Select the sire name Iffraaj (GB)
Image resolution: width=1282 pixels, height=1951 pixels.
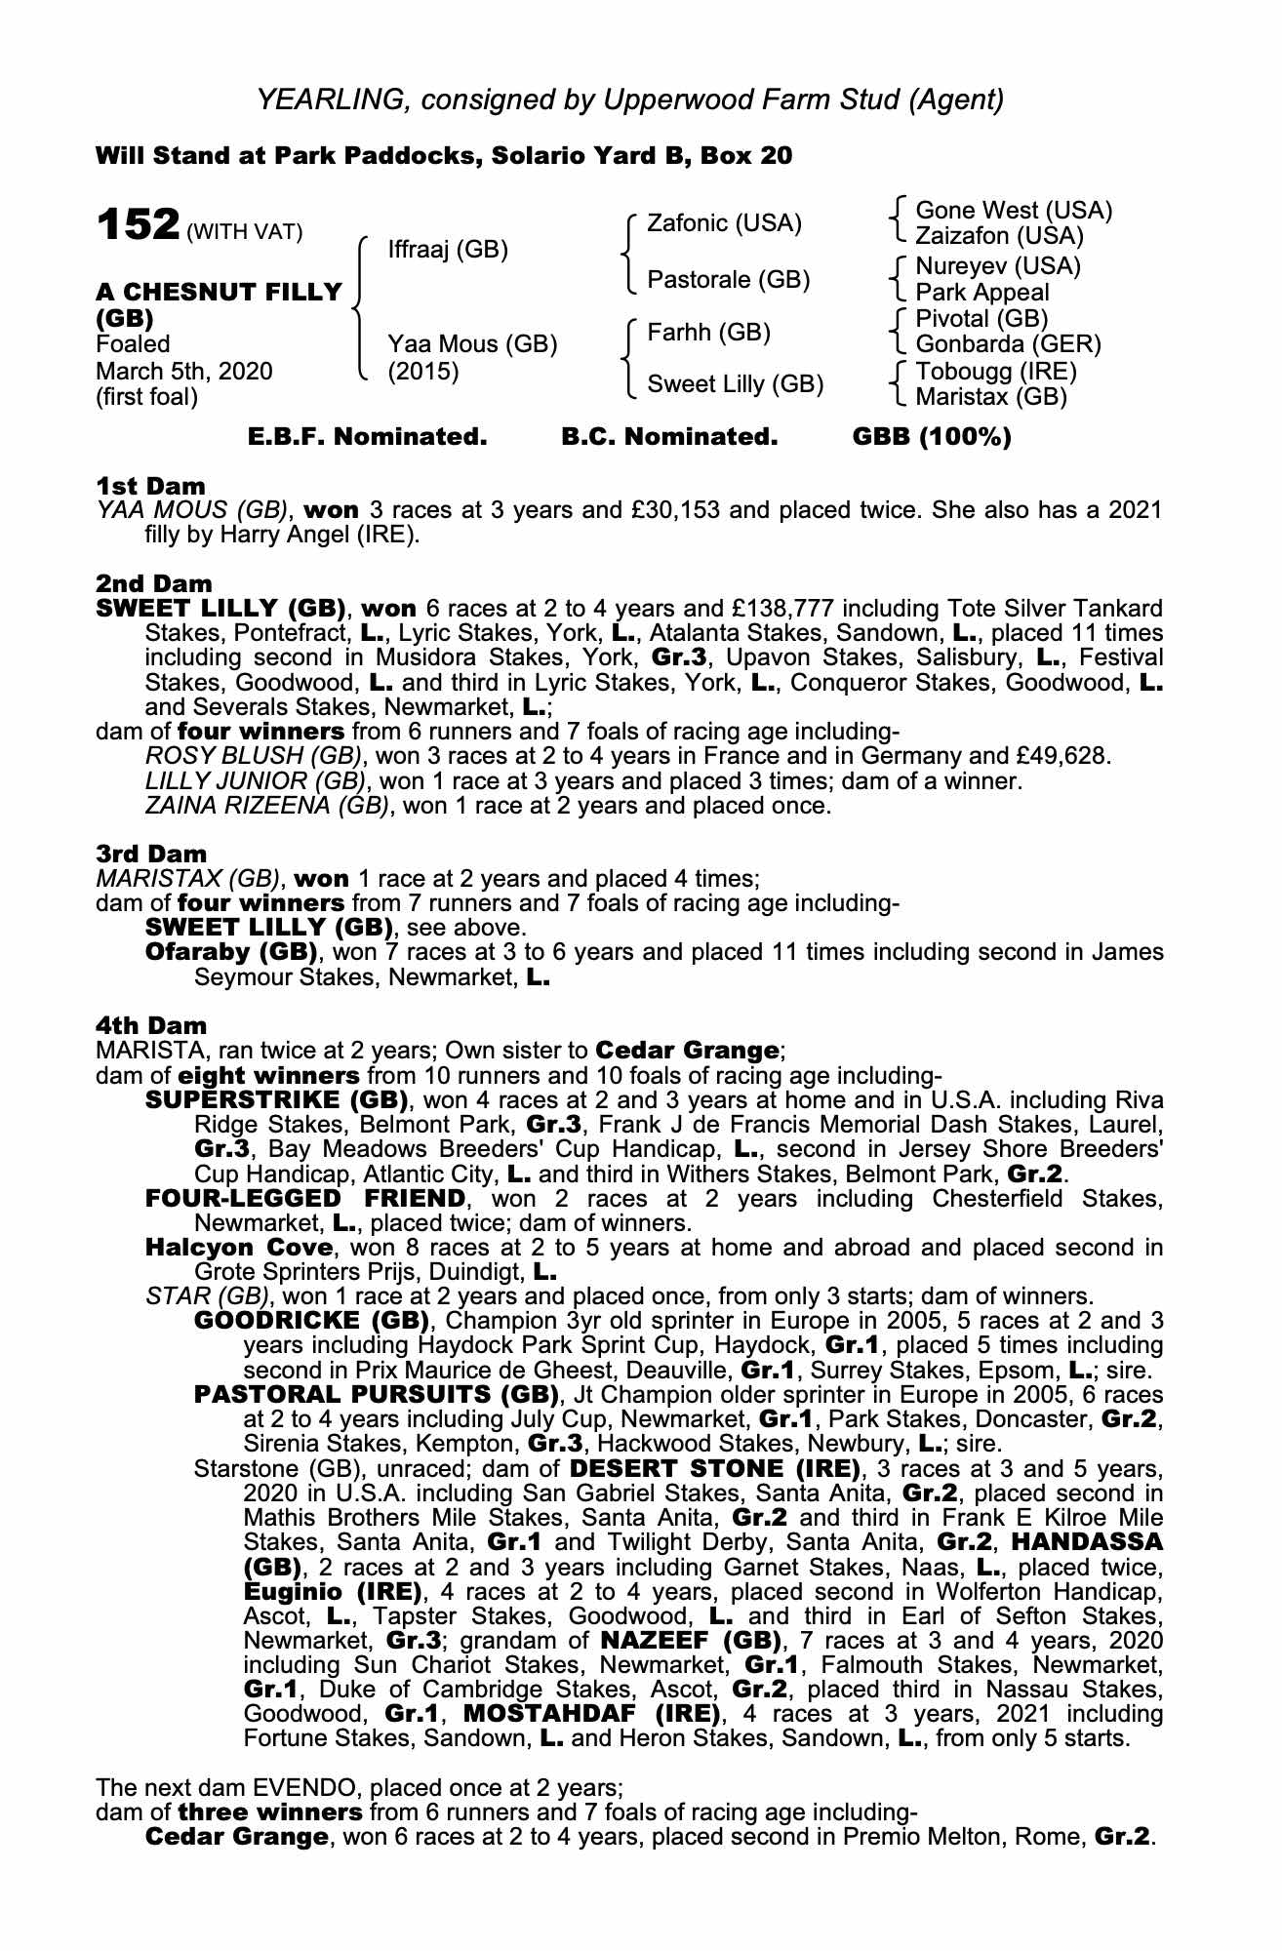[448, 250]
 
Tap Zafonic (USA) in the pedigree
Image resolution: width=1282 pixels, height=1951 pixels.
[724, 223]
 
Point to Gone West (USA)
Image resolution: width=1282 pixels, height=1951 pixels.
[1014, 211]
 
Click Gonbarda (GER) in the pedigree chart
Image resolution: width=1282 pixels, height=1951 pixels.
[1008, 344]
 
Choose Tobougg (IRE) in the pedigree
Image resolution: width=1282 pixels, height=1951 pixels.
[996, 372]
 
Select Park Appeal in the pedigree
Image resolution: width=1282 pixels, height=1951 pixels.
[982, 292]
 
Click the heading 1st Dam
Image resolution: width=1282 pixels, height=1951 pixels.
[150, 485]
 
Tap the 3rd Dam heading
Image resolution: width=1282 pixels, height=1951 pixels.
[151, 854]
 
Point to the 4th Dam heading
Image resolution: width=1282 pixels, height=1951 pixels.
[151, 1025]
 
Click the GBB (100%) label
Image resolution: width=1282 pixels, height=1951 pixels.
[932, 437]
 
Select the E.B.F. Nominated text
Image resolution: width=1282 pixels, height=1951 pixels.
[367, 437]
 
